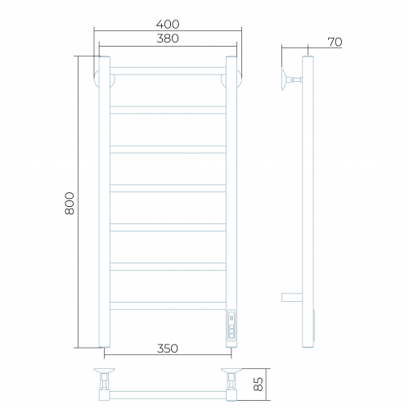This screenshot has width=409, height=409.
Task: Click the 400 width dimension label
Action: click(168, 25)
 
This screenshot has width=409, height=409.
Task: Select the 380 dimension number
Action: click(168, 38)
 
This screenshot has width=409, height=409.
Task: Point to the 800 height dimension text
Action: click(70, 204)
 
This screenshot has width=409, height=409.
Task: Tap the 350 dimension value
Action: click(168, 348)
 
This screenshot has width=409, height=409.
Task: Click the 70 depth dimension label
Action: click(335, 42)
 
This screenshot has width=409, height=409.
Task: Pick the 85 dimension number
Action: click(258, 384)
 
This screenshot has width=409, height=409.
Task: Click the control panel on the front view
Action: click(231, 324)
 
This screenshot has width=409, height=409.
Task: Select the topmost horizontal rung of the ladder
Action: click(168, 71)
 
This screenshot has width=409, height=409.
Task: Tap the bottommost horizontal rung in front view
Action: click(168, 306)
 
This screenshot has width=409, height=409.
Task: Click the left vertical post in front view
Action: click(105, 202)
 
